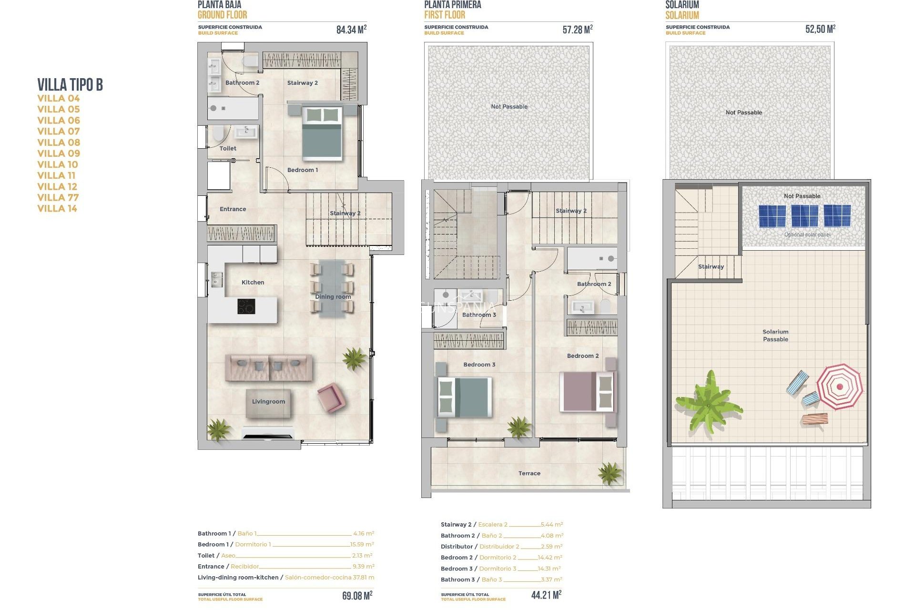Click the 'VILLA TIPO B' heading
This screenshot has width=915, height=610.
pos(70,85)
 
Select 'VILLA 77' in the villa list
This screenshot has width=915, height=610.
pos(58,197)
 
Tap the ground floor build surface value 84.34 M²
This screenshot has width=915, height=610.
pos(351,30)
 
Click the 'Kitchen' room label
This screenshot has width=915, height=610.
pos(253,282)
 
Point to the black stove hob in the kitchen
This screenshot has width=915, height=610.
pos(246,306)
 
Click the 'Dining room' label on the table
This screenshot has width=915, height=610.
pos(333,296)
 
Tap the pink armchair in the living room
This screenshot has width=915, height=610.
pos(330,397)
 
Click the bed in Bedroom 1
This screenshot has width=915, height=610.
pos(322,133)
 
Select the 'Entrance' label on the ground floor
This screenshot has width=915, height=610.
pos(233,209)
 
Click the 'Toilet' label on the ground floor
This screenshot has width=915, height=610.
pos(228,148)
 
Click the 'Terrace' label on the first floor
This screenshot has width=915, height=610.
pos(529,473)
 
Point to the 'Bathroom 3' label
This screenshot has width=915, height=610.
pos(479,315)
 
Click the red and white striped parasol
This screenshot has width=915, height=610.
pos(839,386)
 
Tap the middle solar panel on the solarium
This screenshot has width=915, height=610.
pos(804,216)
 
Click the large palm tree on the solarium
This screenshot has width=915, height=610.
pos(708,404)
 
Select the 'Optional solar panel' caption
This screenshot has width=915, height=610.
pos(807,234)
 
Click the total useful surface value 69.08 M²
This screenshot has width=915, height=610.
pos(357,596)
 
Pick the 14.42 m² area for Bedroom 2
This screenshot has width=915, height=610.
pos(550,557)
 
